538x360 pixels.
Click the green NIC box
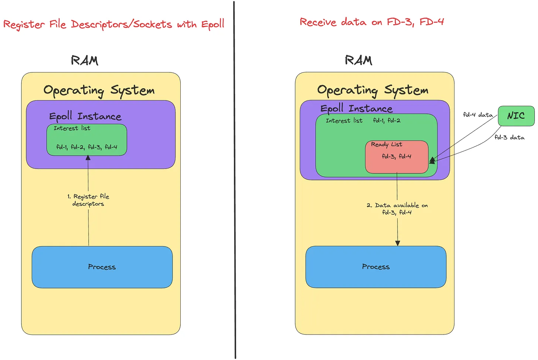pos(516,116)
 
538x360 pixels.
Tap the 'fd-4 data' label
pos(478,115)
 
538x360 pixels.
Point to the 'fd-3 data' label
pos(509,137)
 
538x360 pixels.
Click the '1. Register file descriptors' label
pos(88,200)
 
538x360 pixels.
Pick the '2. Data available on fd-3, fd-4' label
pos(397,209)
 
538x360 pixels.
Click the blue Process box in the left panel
pos(102,267)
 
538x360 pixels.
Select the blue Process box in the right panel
pos(376,267)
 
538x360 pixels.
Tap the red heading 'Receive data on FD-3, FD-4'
pos(371,22)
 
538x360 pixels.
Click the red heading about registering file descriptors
pos(114,24)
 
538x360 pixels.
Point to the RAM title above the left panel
pos(85,61)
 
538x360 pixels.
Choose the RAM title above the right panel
pos(358,60)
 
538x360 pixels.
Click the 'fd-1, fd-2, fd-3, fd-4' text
pos(87,147)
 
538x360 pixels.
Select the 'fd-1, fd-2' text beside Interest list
pos(387,120)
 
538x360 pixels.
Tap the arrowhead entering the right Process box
pos(398,243)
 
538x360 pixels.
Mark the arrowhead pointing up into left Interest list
pos(88,158)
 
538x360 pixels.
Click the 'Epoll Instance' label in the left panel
pos(85,116)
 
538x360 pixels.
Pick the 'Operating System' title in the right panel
pos(372,90)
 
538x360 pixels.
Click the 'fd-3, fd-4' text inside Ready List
pos(396,156)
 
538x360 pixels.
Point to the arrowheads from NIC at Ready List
pos(432,161)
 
